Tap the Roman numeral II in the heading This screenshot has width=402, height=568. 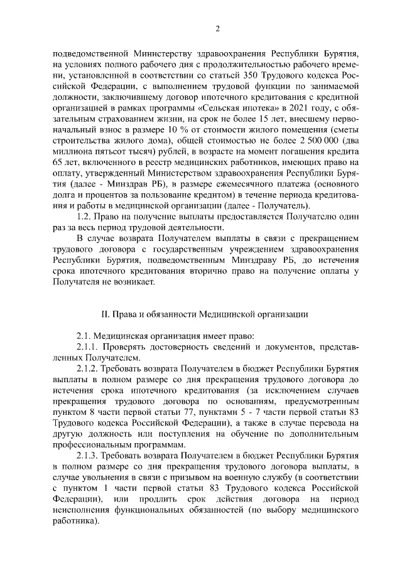[106, 313]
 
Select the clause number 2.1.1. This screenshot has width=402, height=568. [88, 346]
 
